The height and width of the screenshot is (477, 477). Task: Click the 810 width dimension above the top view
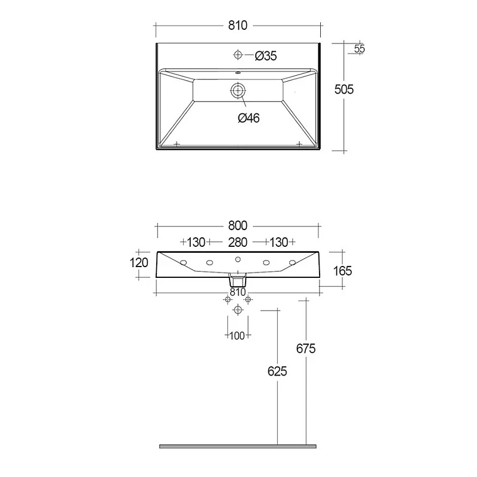tap(237, 26)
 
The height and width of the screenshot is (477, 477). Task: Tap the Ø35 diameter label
tap(266, 56)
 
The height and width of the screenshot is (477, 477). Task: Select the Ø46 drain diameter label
tap(249, 118)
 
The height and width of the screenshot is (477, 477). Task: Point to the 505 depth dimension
tap(344, 89)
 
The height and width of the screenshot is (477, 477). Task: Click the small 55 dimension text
tap(360, 49)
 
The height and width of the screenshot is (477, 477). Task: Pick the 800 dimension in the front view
tap(237, 226)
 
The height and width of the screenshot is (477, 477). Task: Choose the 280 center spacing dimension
tap(237, 243)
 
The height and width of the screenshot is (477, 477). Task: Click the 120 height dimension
tap(139, 263)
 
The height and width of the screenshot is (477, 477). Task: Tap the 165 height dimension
tap(342, 271)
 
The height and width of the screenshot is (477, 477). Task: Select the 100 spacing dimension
tap(237, 336)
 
